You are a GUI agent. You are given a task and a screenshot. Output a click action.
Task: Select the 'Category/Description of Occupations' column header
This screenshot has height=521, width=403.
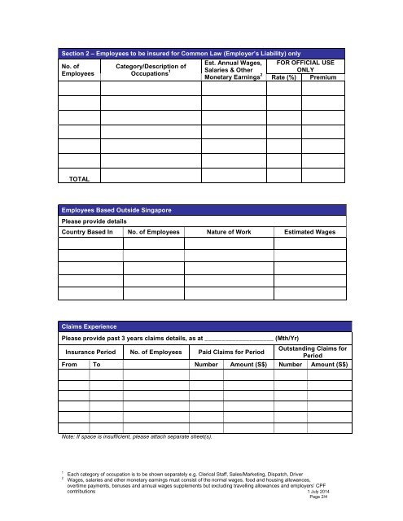[x=151, y=70]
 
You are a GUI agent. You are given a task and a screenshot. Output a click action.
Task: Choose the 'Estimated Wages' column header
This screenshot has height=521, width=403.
[x=315, y=232]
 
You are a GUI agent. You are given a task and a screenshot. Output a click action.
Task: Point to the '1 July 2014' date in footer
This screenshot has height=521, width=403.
[x=326, y=493]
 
